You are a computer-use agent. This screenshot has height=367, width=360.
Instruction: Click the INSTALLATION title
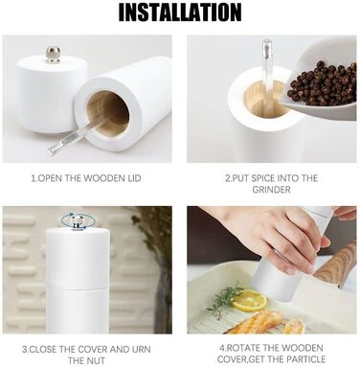click(180, 12)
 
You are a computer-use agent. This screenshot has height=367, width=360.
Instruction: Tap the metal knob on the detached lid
click(53, 55)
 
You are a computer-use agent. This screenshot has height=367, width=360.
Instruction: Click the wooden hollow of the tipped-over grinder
click(108, 113)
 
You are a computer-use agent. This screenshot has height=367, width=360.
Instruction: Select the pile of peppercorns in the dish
click(322, 82)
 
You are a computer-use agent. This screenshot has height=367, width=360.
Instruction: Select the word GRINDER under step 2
click(271, 190)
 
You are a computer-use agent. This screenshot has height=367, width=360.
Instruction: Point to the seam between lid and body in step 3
click(78, 286)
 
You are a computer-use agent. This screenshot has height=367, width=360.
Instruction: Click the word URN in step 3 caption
click(141, 349)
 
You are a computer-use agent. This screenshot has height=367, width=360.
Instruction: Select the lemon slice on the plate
click(250, 301)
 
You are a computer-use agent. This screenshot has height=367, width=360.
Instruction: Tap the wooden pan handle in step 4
click(335, 265)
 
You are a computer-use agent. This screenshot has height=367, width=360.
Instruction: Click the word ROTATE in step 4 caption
click(247, 348)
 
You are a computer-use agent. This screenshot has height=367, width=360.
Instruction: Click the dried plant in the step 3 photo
click(156, 252)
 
